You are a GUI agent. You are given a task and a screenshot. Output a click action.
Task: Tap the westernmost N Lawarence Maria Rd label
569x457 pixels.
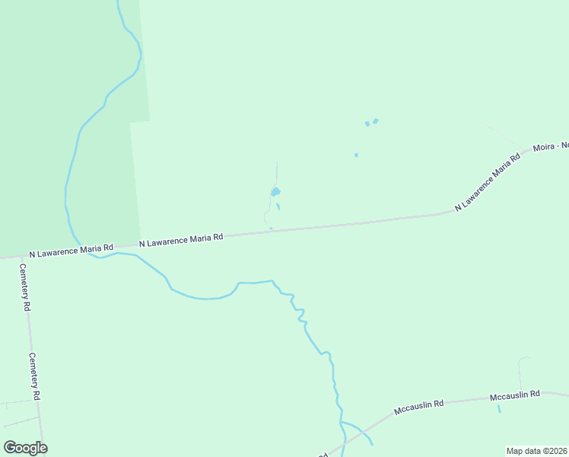pyautogui.click(x=71, y=250)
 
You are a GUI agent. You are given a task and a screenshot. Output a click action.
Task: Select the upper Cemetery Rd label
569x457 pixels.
pyautogui.click(x=24, y=287)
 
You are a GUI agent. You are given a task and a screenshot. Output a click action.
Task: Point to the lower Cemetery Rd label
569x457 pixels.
pyautogui.click(x=35, y=376)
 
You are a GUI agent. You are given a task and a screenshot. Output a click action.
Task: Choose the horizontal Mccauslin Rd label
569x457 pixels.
pyautogui.click(x=514, y=395)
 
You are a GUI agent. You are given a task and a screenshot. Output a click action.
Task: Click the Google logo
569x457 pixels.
pyautogui.click(x=25, y=447)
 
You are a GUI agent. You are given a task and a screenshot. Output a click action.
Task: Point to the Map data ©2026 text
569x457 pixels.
pyautogui.click(x=536, y=450)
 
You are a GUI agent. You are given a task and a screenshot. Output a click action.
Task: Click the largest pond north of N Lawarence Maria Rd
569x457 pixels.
pyautogui.click(x=275, y=192)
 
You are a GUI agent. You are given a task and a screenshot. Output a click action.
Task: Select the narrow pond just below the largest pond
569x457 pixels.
pyautogui.click(x=278, y=206)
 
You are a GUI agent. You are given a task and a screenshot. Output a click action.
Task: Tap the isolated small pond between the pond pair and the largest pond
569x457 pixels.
pyautogui.click(x=356, y=155)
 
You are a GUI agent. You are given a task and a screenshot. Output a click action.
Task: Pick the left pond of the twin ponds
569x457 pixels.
pyautogui.click(x=367, y=123)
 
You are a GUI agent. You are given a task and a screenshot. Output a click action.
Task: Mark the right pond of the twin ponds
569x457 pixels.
pyautogui.click(x=376, y=120)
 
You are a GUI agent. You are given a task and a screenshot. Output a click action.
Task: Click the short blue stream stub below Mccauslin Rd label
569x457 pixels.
pyautogui.click(x=499, y=408)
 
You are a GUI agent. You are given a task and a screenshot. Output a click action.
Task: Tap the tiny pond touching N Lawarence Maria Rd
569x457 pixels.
pyautogui.click(x=271, y=228)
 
